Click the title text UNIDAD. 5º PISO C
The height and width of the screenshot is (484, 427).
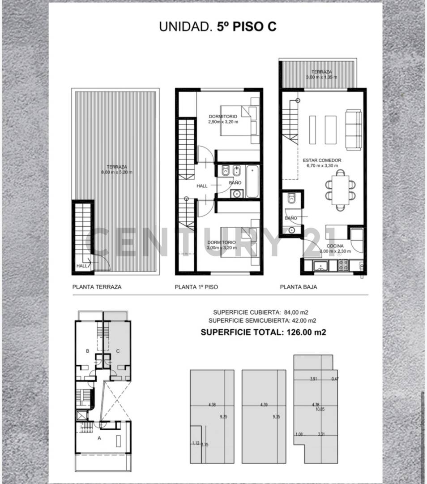tap(218, 26)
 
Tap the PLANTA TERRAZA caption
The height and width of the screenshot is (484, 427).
tap(97, 287)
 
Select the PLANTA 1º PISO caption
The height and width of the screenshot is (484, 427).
tap(196, 287)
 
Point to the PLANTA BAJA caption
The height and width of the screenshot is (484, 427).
tap(299, 287)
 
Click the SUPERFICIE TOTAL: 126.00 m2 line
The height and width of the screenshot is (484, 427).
tap(263, 332)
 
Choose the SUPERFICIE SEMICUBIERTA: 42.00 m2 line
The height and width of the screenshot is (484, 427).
tap(262, 320)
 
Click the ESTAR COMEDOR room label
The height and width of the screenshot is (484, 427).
tap(322, 160)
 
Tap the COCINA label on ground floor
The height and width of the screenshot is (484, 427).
tap(335, 246)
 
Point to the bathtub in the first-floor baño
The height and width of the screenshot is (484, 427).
tap(252, 181)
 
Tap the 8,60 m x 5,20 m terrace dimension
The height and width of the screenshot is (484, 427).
tap(116, 172)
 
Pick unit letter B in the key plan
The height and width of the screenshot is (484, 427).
tap(88, 351)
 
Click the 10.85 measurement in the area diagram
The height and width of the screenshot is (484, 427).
tap(320, 409)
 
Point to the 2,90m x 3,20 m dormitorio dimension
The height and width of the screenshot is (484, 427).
tap(223, 121)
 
